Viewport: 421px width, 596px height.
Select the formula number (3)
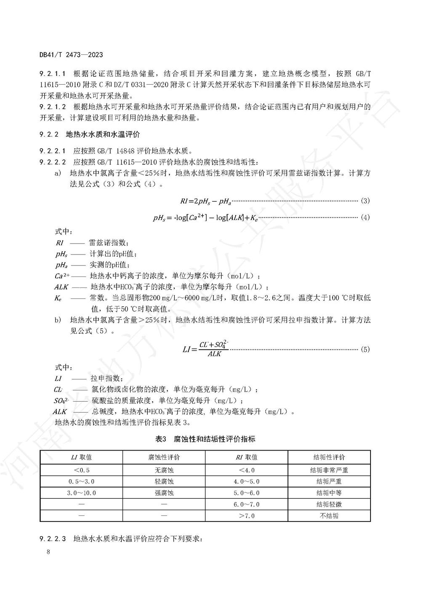(x=365, y=201)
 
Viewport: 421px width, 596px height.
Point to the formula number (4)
(x=365, y=217)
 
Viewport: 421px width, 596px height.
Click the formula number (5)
(x=365, y=349)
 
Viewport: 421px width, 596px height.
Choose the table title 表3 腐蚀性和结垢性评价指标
(x=205, y=439)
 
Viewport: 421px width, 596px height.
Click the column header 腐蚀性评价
(x=164, y=457)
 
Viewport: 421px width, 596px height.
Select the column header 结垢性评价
(x=329, y=457)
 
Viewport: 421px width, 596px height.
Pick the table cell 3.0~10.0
(x=81, y=493)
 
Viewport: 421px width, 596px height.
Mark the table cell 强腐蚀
(x=164, y=493)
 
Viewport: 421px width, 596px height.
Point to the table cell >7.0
(x=247, y=515)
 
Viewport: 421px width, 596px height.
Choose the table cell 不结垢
(x=329, y=515)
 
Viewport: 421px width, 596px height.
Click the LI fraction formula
(x=206, y=349)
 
